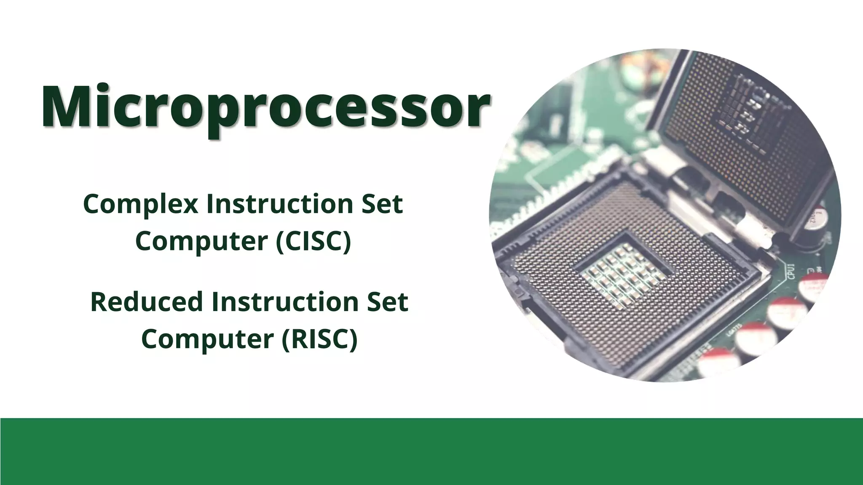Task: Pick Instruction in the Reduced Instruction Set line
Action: tap(284, 302)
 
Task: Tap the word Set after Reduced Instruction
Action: tap(387, 302)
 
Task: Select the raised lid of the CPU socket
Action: tap(742, 135)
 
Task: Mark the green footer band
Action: tap(431, 451)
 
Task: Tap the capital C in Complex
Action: tap(91, 205)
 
